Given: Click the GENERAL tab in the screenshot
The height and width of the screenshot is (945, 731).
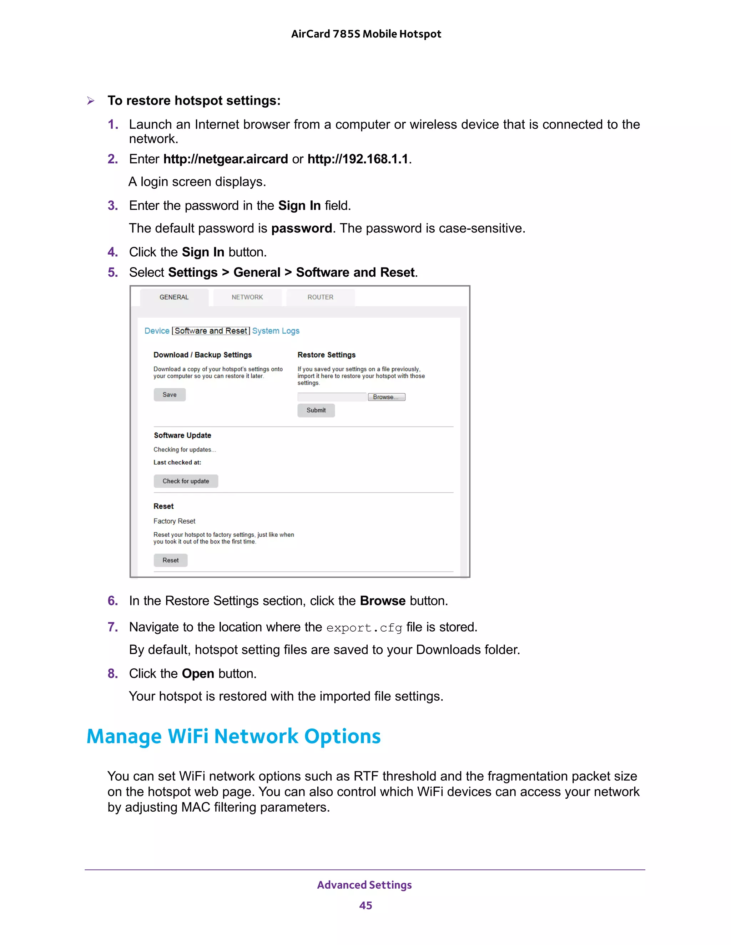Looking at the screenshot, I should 174,297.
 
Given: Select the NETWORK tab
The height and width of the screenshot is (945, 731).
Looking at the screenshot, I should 247,297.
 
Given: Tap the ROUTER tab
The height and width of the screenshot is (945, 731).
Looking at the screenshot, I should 320,297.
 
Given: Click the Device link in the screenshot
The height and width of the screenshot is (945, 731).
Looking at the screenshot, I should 157,331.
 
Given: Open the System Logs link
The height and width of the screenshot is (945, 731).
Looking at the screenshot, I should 276,331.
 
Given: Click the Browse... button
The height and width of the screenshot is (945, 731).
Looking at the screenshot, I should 386,397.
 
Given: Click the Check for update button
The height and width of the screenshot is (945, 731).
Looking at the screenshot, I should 186,481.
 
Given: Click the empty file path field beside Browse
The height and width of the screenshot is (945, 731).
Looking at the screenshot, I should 332,397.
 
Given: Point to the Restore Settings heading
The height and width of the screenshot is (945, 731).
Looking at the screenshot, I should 326,355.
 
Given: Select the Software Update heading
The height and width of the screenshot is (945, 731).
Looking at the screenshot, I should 182,435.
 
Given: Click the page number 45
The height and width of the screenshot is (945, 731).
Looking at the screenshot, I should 365,906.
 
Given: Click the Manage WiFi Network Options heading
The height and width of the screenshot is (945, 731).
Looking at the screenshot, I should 233,736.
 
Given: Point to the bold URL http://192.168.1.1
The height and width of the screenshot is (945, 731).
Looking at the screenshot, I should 358,159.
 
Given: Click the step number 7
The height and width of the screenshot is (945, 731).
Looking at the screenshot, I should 112,627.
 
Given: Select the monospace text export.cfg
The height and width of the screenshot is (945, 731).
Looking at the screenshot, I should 364,628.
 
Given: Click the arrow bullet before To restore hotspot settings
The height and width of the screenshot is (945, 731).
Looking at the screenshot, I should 91,101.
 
